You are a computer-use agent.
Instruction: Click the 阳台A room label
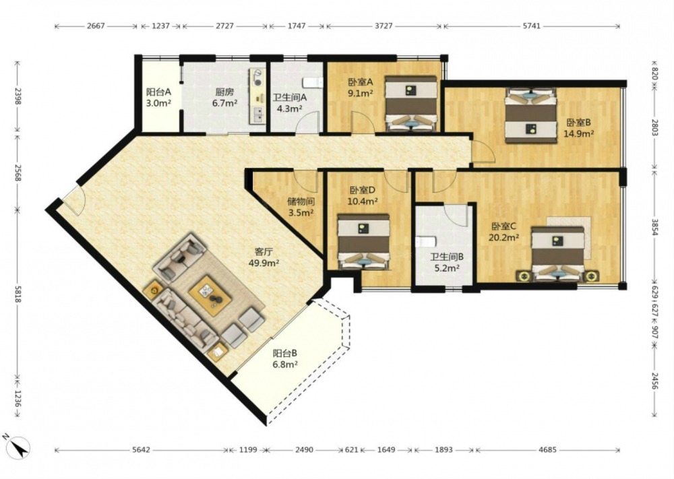pyautogui.click(x=158, y=92)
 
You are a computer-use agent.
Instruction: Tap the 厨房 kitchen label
pyautogui.click(x=224, y=92)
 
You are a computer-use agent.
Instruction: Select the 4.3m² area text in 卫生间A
pyautogui.click(x=289, y=108)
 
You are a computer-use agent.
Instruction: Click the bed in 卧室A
pyautogui.click(x=411, y=104)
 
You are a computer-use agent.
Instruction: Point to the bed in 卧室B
pyautogui.click(x=530, y=116)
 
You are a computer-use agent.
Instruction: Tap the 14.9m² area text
pyautogui.click(x=578, y=133)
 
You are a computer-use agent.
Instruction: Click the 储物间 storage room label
pyautogui.click(x=301, y=201)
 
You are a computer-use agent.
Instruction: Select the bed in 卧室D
pyautogui.click(x=364, y=242)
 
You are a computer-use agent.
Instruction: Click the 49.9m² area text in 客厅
pyautogui.click(x=264, y=263)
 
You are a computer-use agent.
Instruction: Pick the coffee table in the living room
pyautogui.click(x=210, y=293)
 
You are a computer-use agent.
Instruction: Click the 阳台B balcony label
pyautogui.click(x=285, y=354)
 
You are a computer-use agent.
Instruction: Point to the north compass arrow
pyautogui.click(x=19, y=447)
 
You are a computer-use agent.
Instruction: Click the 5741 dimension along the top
pyautogui.click(x=531, y=26)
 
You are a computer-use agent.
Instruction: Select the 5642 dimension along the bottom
pyautogui.click(x=141, y=450)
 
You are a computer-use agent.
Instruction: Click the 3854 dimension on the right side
pyautogui.click(x=654, y=228)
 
